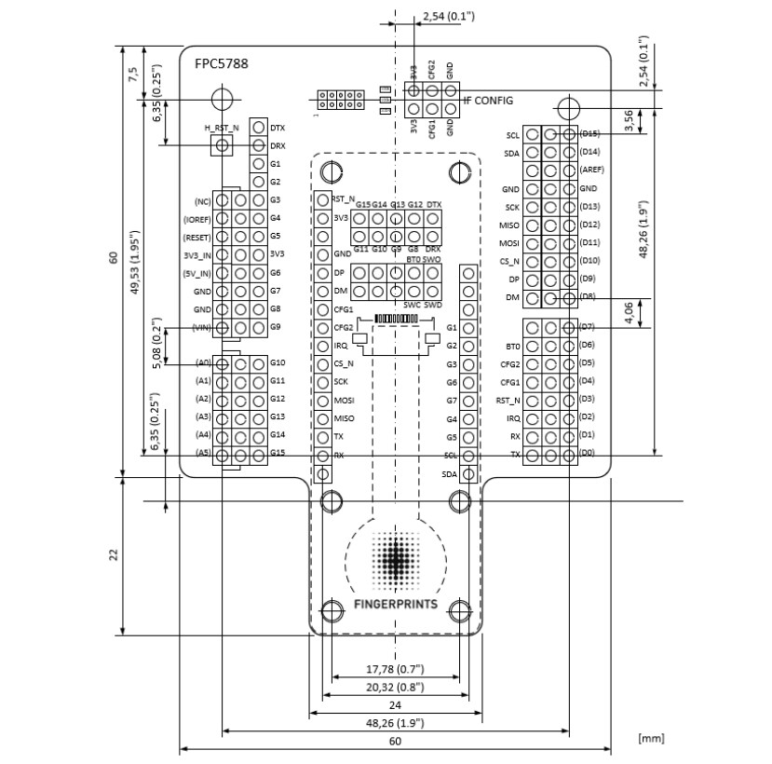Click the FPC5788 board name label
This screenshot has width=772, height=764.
tap(221, 64)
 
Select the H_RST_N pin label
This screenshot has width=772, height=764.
tap(221, 127)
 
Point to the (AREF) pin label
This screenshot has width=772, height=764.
tap(591, 171)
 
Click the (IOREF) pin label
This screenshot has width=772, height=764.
tap(196, 219)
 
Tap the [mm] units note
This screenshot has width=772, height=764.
tap(651, 738)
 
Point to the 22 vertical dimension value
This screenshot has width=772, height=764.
tap(113, 554)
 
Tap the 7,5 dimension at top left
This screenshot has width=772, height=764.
tap(134, 75)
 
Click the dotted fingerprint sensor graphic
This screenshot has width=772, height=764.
tap(395, 561)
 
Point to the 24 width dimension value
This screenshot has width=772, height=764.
tap(395, 705)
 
